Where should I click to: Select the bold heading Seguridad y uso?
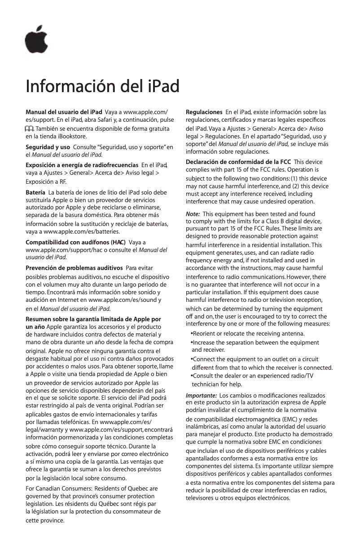point(48,147)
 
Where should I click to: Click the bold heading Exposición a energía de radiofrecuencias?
point(82,166)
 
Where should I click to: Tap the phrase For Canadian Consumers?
point(54,488)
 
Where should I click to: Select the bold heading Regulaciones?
point(204,111)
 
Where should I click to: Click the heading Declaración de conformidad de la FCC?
point(238,162)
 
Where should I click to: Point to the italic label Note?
point(193,214)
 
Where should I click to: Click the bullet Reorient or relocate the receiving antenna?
point(248,334)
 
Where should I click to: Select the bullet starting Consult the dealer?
point(253,376)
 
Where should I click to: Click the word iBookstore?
point(70,136)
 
